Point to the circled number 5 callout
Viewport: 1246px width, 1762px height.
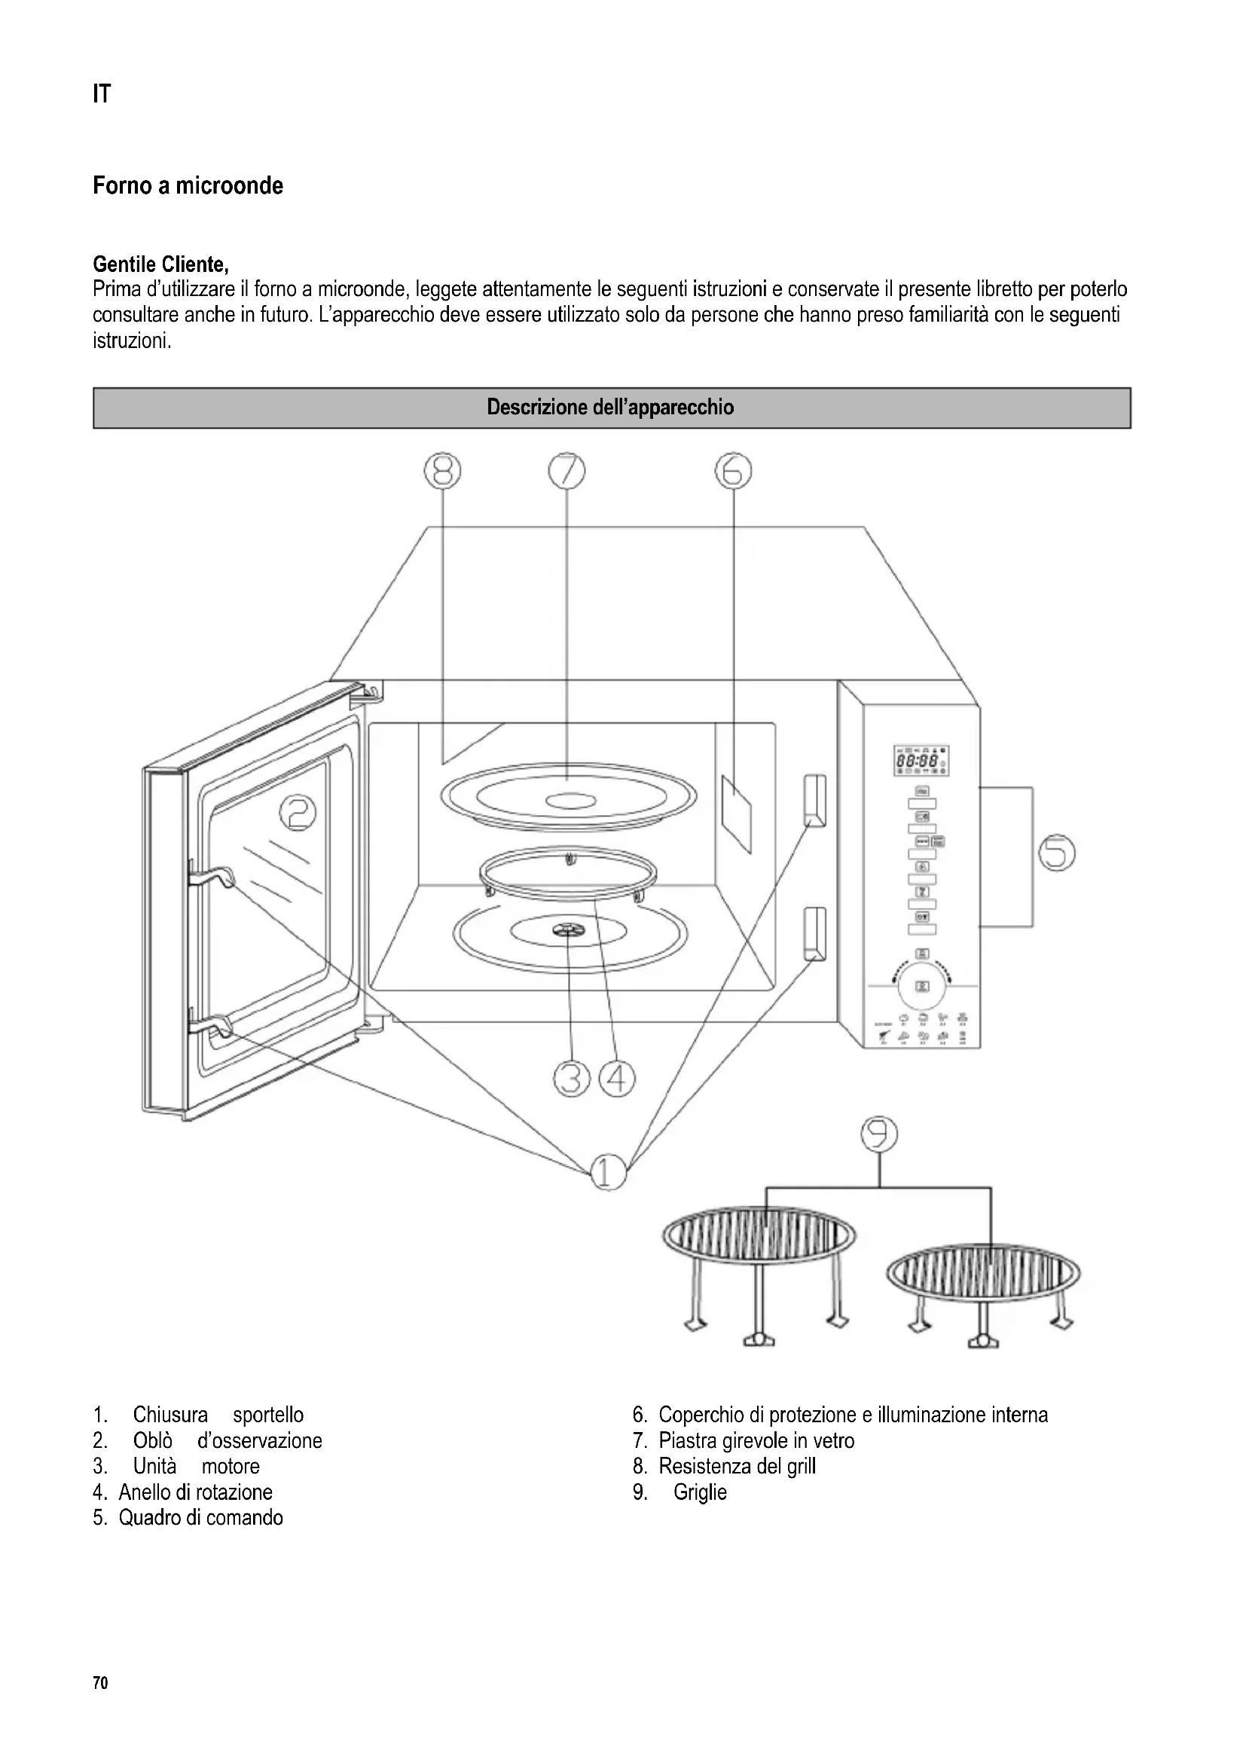[x=1056, y=854]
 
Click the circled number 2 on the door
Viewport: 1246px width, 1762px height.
[x=298, y=812]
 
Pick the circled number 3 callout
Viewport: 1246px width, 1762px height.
[x=571, y=1079]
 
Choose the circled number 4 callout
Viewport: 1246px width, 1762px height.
[x=617, y=1079]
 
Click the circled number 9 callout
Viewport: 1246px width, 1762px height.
[x=878, y=1135]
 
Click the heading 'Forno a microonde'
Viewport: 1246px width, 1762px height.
[x=188, y=186]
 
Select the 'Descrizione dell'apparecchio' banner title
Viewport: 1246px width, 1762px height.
[x=611, y=408]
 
